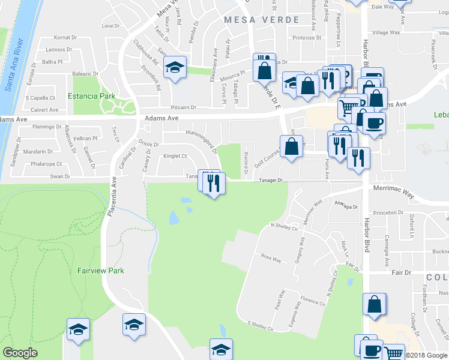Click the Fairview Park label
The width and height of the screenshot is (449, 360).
point(101,271)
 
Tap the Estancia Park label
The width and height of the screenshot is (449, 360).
point(91,96)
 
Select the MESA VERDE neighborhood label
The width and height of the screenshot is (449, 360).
point(261,20)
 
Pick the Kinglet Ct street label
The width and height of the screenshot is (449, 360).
point(176,157)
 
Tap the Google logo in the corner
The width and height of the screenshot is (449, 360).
point(20,353)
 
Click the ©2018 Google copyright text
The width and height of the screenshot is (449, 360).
point(426,355)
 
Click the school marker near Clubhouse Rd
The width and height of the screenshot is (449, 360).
point(175,67)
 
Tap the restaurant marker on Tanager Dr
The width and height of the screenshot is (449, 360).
point(214,182)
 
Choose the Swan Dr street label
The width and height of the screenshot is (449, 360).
point(60,176)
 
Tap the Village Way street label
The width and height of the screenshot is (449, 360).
point(386,33)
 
